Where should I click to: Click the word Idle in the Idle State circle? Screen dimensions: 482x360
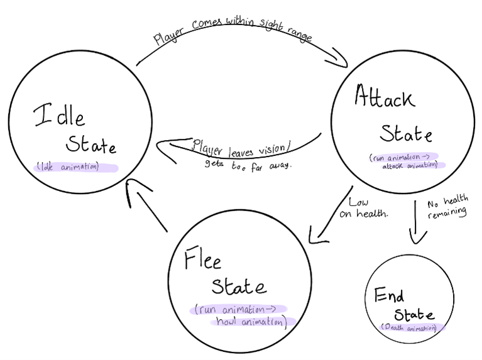tap(59, 115)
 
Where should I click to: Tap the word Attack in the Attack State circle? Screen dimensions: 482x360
tap(385, 96)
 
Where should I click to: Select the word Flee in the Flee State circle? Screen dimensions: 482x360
tap(203, 258)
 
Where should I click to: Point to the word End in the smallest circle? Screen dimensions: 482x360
tap(389, 295)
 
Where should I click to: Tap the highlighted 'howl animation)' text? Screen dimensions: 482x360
tap(252, 322)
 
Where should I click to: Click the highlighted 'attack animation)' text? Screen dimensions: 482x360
tap(410, 165)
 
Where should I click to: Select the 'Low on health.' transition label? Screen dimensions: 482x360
tap(364, 208)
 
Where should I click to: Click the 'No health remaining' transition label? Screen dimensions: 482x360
tap(448, 207)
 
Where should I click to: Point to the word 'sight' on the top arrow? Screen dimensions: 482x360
tap(271, 25)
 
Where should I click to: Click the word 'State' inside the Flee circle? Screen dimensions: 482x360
tap(239, 286)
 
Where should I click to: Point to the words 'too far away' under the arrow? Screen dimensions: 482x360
tap(261, 166)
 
